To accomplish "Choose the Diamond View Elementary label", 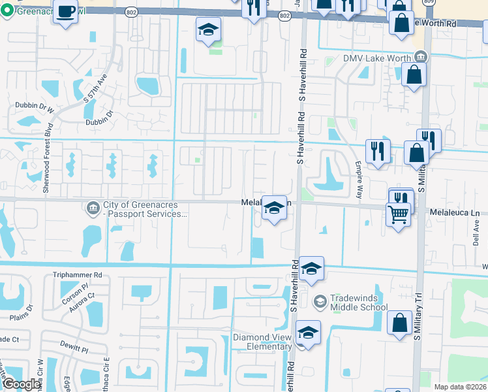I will [262, 342].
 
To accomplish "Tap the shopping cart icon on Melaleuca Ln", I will [398, 213].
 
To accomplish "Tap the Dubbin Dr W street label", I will [33, 110].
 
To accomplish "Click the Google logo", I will [22, 384].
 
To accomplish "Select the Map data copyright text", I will [459, 387].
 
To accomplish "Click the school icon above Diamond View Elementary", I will [308, 333].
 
